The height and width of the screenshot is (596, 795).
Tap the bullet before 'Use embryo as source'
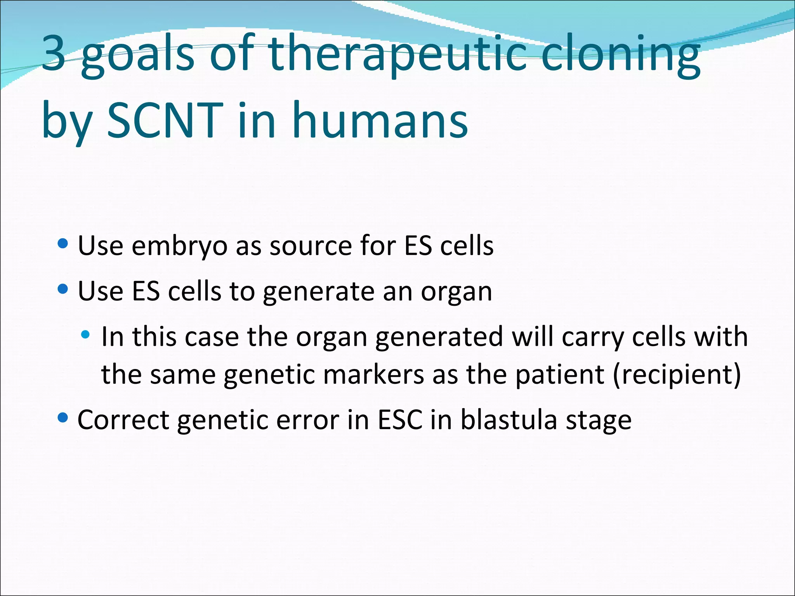tap(62, 244)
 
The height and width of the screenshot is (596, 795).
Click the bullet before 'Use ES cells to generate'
tap(62, 289)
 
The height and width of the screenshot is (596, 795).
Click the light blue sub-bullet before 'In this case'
tap(85, 334)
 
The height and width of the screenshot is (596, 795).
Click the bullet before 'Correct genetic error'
tap(62, 418)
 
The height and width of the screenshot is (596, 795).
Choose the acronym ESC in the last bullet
tap(400, 420)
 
